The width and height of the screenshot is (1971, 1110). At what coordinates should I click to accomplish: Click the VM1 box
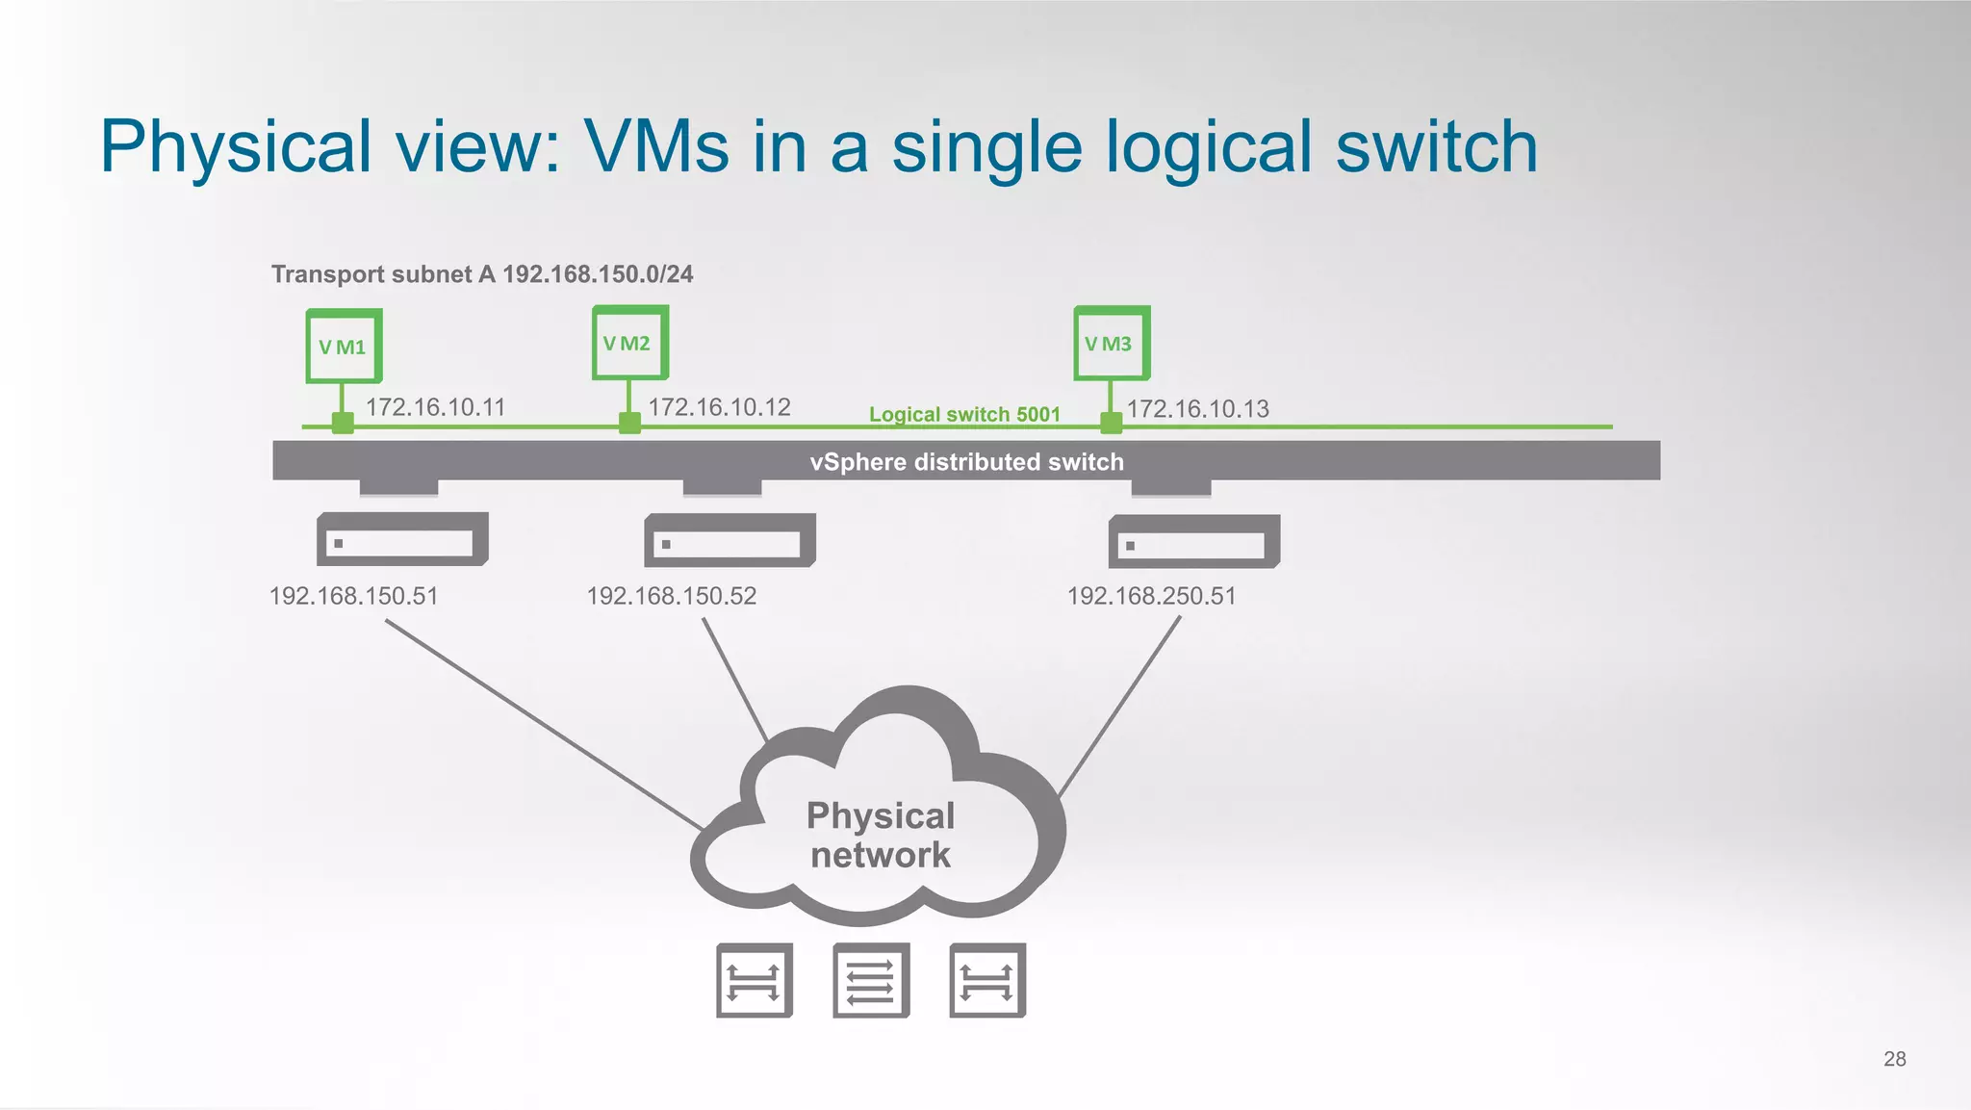[344, 346]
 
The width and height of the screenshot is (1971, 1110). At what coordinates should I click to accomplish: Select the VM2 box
[629, 343]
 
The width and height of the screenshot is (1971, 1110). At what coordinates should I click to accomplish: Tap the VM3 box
[1111, 344]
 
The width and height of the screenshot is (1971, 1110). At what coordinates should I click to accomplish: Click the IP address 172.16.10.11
[435, 407]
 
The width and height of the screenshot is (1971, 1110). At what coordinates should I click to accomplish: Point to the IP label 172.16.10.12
[719, 407]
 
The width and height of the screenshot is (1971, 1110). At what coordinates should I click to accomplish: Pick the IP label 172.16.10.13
[1197, 409]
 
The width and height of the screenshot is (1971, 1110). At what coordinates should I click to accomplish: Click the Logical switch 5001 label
[963, 414]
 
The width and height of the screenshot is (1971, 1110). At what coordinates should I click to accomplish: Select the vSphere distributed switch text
[966, 462]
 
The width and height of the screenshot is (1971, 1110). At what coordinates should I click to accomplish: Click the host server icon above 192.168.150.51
[402, 540]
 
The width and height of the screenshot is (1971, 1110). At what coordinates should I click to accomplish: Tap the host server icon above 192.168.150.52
[730, 540]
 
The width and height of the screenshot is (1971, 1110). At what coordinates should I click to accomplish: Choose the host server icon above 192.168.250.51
[1193, 542]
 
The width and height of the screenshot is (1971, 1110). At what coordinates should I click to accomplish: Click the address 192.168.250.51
[1151, 596]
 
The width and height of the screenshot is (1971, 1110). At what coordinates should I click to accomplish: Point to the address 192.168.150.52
[671, 596]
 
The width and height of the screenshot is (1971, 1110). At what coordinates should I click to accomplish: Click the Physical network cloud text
[880, 835]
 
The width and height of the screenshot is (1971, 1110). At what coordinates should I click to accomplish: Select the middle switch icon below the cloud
[871, 980]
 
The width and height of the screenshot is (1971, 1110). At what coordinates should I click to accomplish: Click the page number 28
[1894, 1059]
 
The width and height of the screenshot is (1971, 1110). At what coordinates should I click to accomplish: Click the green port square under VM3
[1111, 422]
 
